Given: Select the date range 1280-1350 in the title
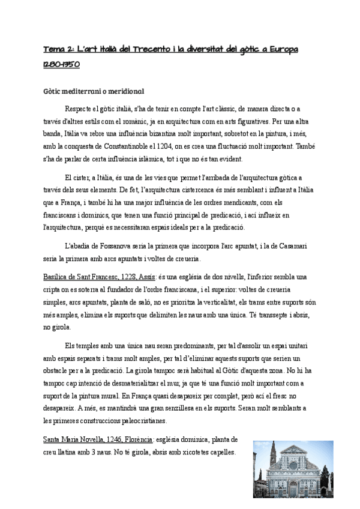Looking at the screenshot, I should pyautogui.click(x=62, y=63).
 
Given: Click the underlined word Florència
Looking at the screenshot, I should pyautogui.click(x=151, y=440).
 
